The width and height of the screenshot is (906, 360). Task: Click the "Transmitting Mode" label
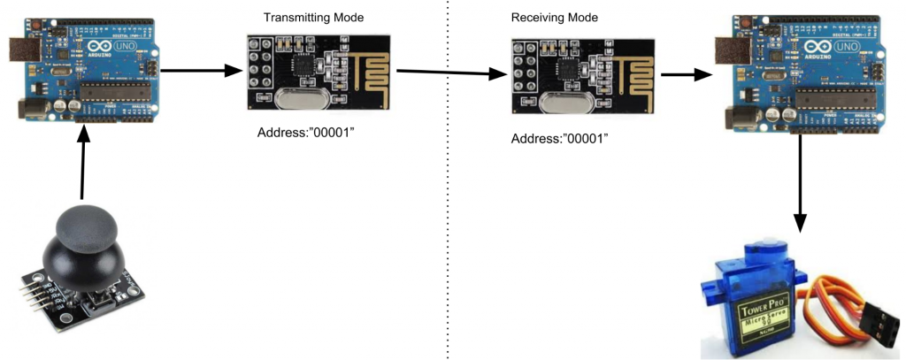click(313, 18)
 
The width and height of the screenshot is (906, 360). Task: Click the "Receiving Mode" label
click(554, 18)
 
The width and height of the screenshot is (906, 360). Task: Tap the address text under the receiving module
click(561, 139)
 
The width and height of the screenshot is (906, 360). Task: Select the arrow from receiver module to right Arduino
click(687, 75)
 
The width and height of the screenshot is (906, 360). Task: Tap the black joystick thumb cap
click(88, 229)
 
